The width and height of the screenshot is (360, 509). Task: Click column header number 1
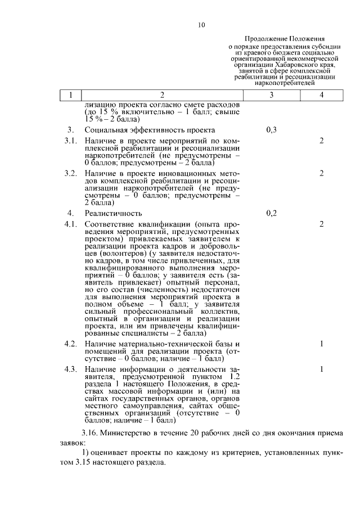point(71,96)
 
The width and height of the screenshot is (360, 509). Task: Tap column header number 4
point(321,96)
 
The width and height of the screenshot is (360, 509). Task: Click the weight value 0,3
point(271,130)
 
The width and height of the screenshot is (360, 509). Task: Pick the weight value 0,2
point(271,213)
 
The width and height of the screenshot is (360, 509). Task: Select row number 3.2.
point(70,173)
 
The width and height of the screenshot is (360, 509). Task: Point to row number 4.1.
point(70,224)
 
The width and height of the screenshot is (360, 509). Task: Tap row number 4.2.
point(70,343)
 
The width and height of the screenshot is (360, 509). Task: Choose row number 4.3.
point(70,369)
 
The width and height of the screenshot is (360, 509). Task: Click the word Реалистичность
point(113,214)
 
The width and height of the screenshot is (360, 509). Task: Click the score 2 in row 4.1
point(321,224)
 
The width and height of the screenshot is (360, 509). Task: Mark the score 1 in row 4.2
point(321,343)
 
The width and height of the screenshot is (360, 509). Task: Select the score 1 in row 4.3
point(321,369)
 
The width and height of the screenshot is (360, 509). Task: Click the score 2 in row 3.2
point(321,173)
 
